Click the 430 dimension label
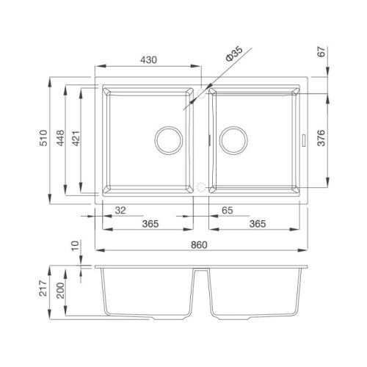(x=148, y=60)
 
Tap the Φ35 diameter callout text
(x=234, y=54)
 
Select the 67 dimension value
(x=321, y=51)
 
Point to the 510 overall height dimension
(x=43, y=138)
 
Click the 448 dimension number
(x=60, y=138)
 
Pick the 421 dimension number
(x=76, y=139)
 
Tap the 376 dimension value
(x=321, y=138)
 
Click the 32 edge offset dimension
(x=120, y=211)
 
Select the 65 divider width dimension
(x=228, y=211)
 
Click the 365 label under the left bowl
(x=150, y=224)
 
